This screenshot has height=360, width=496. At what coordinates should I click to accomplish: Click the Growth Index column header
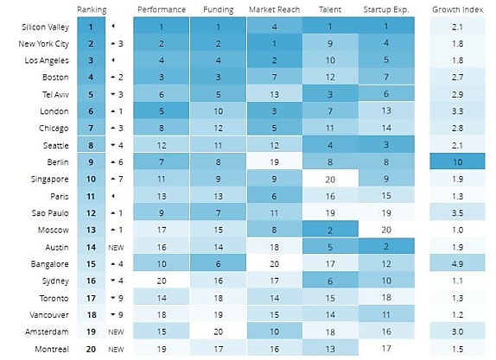(x=457, y=9)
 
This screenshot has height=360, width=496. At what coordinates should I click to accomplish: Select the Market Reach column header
(x=274, y=9)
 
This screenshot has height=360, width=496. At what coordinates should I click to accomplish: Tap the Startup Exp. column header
(x=386, y=9)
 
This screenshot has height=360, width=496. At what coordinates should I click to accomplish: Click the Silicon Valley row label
(x=45, y=27)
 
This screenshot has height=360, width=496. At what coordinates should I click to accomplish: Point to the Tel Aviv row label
(x=55, y=94)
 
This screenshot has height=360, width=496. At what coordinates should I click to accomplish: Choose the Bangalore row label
(x=49, y=264)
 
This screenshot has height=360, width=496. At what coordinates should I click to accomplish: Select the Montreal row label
(x=52, y=349)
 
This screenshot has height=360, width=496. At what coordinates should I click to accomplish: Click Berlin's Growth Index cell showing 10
(x=457, y=161)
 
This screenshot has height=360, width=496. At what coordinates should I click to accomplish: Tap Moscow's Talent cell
(x=330, y=229)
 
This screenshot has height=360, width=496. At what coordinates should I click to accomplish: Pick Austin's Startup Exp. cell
(x=386, y=246)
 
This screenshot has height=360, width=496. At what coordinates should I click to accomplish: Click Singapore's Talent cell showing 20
(x=330, y=179)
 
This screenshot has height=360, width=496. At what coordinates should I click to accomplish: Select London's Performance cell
(x=162, y=111)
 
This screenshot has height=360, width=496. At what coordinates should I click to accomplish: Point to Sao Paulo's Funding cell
(x=218, y=212)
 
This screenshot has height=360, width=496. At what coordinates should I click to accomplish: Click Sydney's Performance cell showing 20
(x=162, y=280)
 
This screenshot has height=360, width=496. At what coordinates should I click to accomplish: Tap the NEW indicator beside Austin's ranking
(x=116, y=248)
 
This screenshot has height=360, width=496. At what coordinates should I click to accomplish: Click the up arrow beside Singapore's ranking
(x=113, y=180)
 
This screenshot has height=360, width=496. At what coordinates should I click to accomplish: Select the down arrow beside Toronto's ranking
(x=113, y=298)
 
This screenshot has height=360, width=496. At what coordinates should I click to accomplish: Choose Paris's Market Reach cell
(x=274, y=195)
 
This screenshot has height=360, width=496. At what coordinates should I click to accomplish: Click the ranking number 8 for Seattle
(x=91, y=145)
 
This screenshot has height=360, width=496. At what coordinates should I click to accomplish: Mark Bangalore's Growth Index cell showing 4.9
(x=457, y=263)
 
